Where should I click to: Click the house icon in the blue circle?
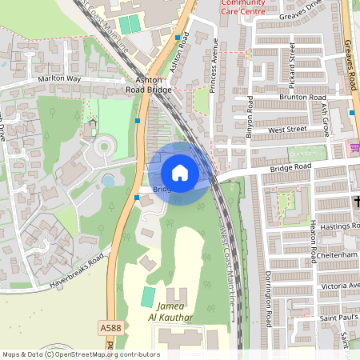point(180,173)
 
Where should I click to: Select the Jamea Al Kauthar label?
point(170,312)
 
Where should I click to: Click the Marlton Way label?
point(59,80)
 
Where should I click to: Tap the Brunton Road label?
point(300,97)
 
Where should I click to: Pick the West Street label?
point(288,129)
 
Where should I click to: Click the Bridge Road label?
point(290,166)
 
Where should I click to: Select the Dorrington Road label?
point(270,298)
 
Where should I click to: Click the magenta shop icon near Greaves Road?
point(354,147)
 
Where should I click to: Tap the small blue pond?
point(108,182)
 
